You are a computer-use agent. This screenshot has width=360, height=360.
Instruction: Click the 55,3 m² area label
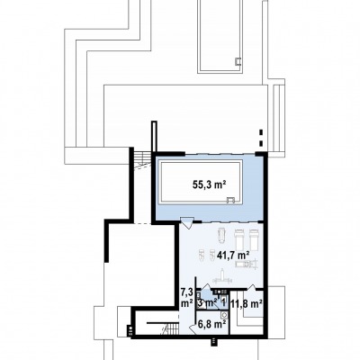(209, 184)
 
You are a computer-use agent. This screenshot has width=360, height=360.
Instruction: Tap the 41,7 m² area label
(233, 256)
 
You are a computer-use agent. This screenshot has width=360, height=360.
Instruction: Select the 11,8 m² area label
(247, 303)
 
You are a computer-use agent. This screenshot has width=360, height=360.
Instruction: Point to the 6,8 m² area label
(211, 324)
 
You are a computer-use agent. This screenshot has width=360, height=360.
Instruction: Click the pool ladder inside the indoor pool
(230, 200)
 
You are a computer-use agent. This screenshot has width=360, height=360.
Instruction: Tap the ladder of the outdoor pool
(238, 61)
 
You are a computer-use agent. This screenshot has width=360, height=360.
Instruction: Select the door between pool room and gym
(186, 223)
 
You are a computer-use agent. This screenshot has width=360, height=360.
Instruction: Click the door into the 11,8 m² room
(251, 287)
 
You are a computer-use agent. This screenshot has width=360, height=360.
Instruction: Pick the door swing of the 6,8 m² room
(193, 328)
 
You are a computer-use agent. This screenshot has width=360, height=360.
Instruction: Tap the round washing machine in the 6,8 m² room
(223, 315)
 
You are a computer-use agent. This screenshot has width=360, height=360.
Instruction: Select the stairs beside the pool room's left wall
(142, 161)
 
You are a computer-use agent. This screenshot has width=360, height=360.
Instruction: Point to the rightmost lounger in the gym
(254, 239)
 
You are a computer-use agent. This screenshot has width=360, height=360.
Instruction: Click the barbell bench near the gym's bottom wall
(222, 276)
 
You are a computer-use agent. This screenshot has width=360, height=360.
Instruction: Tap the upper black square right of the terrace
(261, 132)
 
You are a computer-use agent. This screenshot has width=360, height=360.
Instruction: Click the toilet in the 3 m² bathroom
(202, 303)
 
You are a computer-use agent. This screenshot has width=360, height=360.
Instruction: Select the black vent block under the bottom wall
(213, 341)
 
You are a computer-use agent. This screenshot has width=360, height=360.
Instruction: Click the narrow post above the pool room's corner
(154, 137)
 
